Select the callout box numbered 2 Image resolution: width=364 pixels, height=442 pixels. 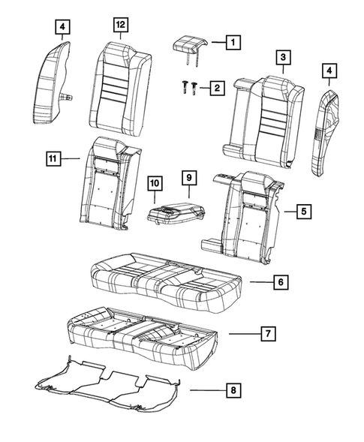[216, 89]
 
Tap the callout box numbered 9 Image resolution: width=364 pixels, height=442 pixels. [188, 178]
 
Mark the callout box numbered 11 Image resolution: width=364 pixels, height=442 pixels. [52, 158]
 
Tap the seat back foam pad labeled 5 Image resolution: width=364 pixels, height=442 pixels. [248, 214]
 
